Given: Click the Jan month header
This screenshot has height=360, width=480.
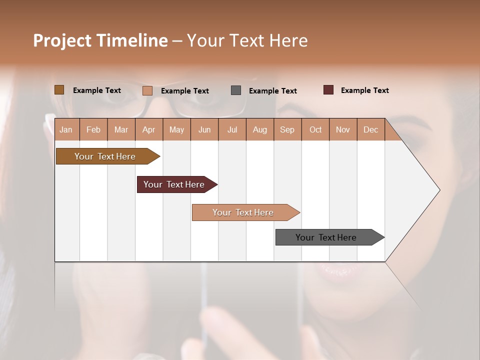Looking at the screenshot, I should pyautogui.click(x=66, y=129).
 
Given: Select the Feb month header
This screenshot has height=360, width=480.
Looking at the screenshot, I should pyautogui.click(x=93, y=129).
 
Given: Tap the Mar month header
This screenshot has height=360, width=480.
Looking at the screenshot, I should pyautogui.click(x=121, y=129).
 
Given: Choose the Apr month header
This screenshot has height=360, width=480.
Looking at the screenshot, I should pyautogui.click(x=149, y=129).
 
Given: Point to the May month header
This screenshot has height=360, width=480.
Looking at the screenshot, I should pyautogui.click(x=176, y=129).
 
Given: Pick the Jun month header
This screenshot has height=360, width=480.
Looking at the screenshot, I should pyautogui.click(x=204, y=129).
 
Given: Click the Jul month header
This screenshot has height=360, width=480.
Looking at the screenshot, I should pyautogui.click(x=232, y=129).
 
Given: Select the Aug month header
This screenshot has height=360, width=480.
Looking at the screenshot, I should pyautogui.click(x=260, y=129).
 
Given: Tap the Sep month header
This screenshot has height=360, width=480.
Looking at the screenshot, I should pyautogui.click(x=287, y=129).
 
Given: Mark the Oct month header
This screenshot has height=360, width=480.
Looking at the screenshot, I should pyautogui.click(x=315, y=129).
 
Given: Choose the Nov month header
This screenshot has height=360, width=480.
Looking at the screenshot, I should pyautogui.click(x=343, y=129).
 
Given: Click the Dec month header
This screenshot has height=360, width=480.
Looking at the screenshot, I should pyautogui.click(x=371, y=129).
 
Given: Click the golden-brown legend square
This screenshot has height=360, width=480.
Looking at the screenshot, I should pyautogui.click(x=59, y=90).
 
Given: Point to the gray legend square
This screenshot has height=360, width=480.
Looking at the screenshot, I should pyautogui.click(x=236, y=90).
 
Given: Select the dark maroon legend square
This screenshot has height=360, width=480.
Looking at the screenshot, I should pyautogui.click(x=328, y=90).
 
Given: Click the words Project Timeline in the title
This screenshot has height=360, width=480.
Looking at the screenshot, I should pyautogui.click(x=100, y=40).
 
